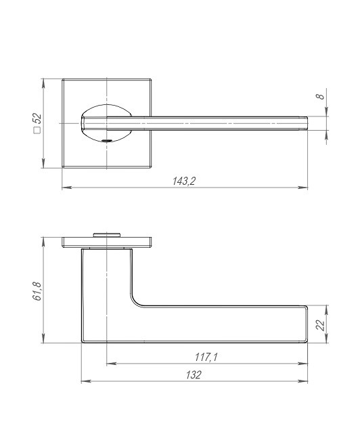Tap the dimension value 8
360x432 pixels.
point(321,97)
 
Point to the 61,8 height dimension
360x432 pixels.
point(39,290)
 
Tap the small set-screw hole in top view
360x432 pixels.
point(106,140)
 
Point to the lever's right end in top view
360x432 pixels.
point(306,123)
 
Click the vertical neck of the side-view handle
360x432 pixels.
point(105,278)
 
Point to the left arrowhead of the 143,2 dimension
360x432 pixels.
point(64,188)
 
